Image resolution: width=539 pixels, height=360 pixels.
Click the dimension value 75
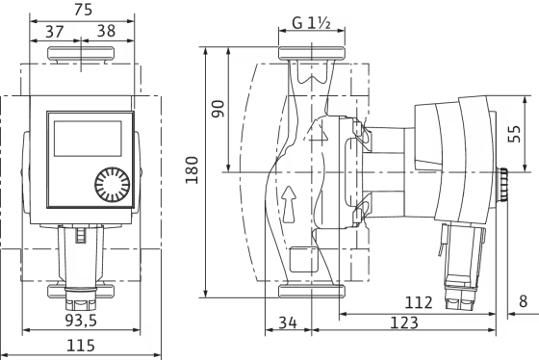83,10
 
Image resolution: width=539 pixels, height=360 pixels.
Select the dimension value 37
55,32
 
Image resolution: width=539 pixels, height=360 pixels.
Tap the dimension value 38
106,31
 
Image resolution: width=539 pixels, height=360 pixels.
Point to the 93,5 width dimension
81,321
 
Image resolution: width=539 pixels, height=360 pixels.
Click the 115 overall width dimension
81,346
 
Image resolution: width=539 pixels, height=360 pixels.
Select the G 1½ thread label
311,23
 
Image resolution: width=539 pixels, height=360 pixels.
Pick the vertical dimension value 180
192,169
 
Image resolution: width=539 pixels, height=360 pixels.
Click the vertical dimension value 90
218,109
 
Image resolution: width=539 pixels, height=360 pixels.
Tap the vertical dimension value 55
515,134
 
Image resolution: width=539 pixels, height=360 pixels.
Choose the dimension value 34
288,322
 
